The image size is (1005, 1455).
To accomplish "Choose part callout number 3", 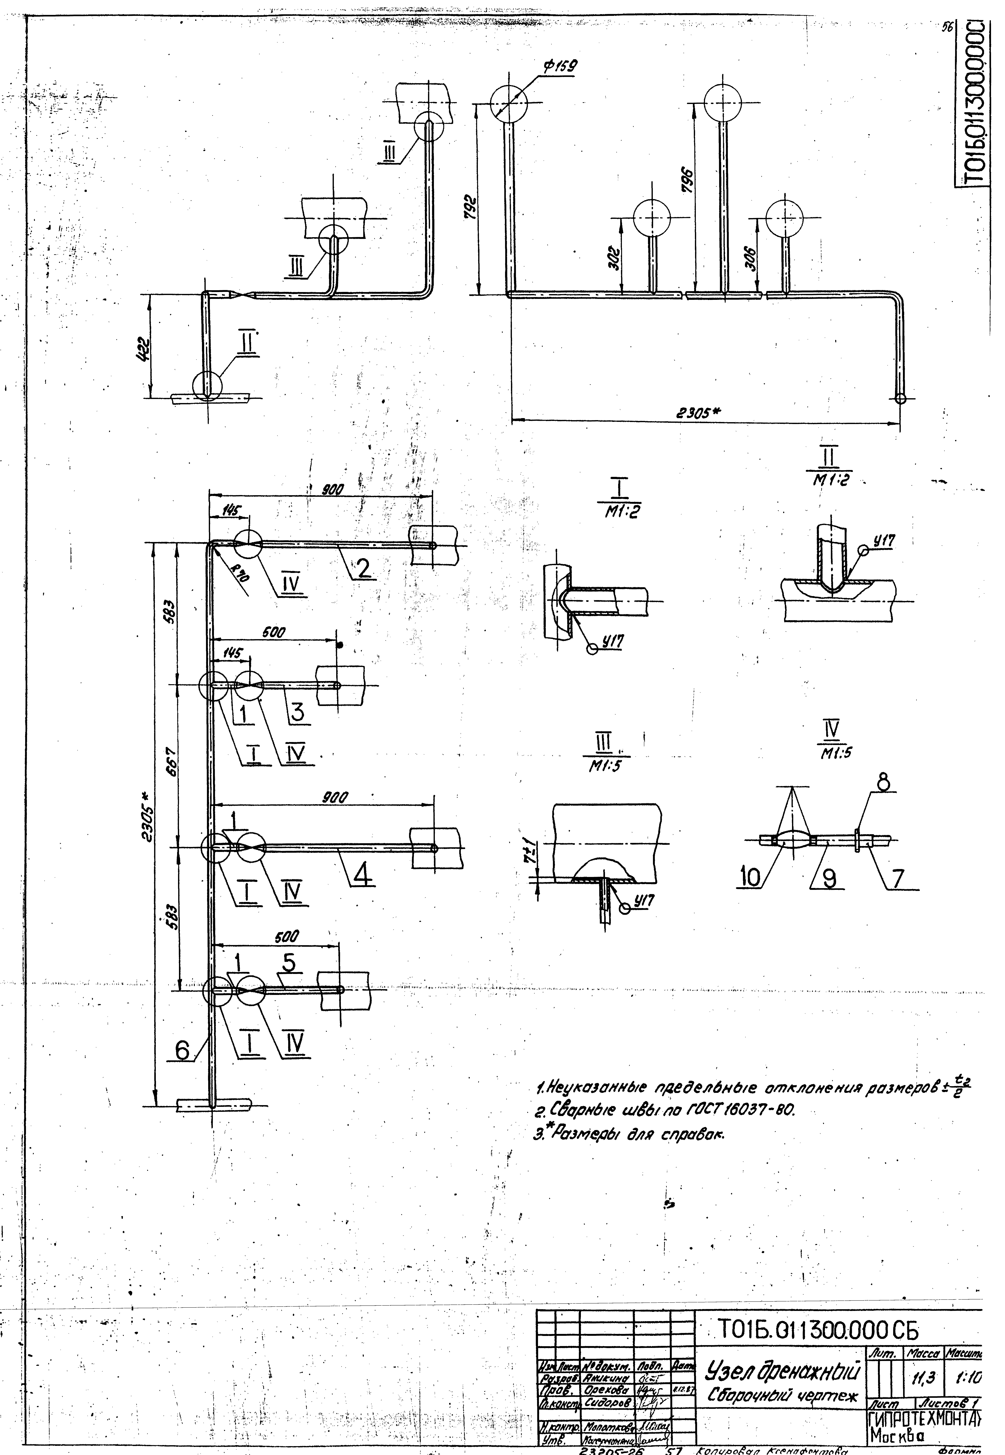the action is (x=297, y=710).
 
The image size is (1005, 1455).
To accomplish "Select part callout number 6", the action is (x=183, y=1049).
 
